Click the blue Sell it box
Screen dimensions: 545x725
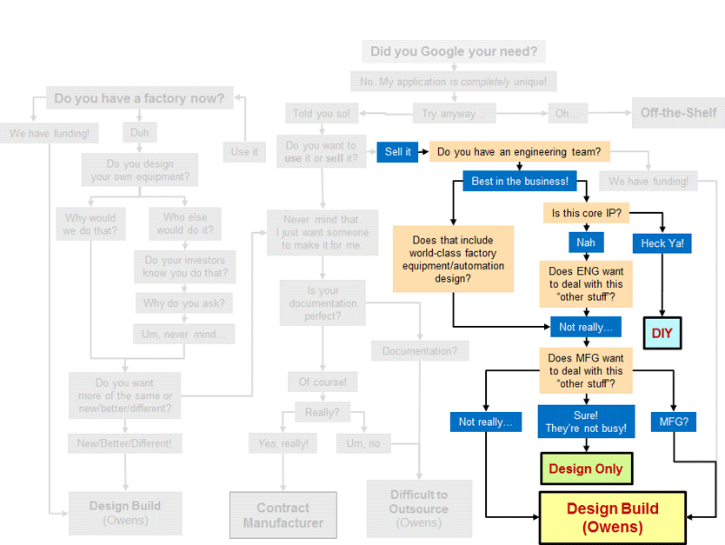397,152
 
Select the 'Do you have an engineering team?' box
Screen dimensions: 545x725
519,152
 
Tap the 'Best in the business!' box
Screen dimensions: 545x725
520,182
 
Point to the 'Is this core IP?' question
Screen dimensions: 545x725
586,213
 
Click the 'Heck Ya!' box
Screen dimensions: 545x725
663,243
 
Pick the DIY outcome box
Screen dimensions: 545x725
663,333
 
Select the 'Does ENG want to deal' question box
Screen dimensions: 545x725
586,284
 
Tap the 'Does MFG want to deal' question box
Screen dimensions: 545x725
586,371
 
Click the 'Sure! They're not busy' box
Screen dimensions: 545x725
585,422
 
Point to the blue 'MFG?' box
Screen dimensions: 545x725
674,422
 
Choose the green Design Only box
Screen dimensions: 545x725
586,469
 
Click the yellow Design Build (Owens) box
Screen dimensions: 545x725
612,517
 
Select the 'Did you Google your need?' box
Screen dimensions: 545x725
454,51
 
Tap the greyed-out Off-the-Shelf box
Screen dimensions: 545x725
678,113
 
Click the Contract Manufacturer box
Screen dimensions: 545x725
283,515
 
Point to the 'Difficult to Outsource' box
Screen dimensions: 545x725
419,508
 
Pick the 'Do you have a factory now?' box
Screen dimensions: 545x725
139,98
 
